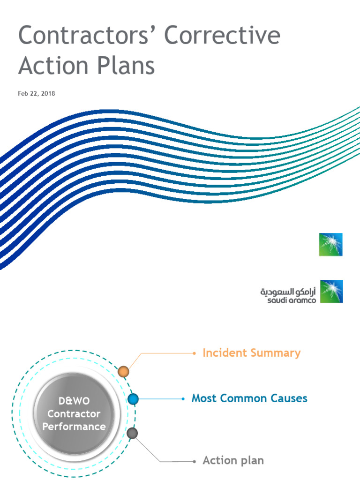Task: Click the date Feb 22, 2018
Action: (37, 94)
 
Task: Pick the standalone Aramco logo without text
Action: (331, 244)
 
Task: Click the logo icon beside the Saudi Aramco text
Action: (331, 291)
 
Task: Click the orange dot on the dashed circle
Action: (123, 372)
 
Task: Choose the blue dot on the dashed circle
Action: (133, 399)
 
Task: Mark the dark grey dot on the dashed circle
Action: (133, 433)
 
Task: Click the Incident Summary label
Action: (251, 353)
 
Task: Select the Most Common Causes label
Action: (249, 398)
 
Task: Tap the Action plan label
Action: (233, 460)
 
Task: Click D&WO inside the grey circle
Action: (74, 401)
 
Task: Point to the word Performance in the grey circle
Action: (74, 427)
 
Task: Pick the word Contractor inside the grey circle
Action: (74, 414)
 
